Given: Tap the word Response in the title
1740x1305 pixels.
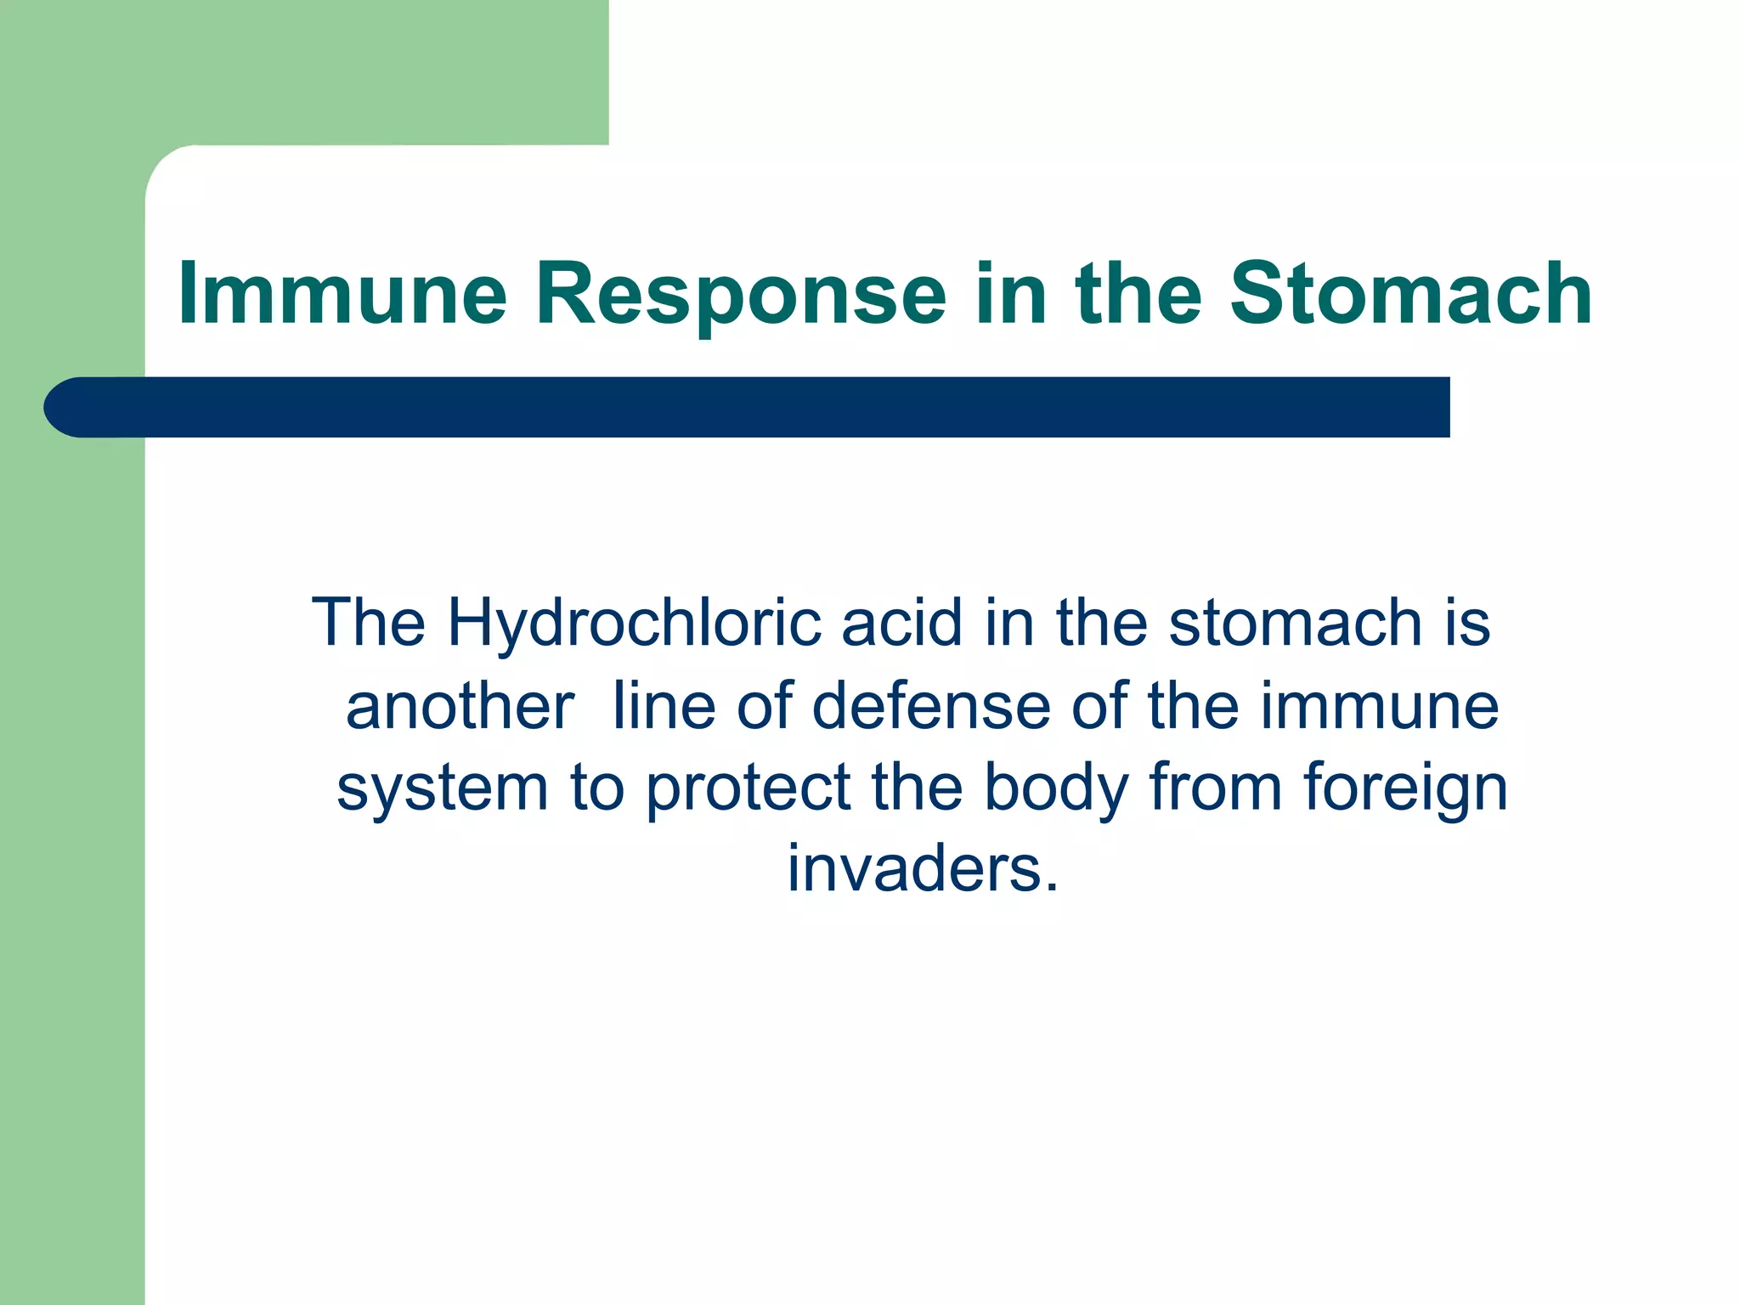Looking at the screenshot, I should (740, 294).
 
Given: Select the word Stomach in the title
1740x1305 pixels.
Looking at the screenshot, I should (1410, 294).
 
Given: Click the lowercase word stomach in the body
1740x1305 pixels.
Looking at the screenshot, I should (1294, 622).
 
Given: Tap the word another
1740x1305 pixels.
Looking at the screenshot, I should (460, 705).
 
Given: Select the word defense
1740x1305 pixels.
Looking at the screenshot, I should (930, 705).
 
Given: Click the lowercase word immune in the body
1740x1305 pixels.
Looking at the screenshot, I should (1379, 705).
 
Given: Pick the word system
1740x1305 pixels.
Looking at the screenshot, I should (442, 788).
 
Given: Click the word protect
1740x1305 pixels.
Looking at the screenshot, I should (748, 788).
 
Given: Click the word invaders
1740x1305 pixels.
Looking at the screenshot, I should (923, 868).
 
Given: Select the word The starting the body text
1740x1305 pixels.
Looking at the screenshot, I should (369, 622).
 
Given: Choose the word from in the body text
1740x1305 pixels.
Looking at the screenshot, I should (1215, 787).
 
